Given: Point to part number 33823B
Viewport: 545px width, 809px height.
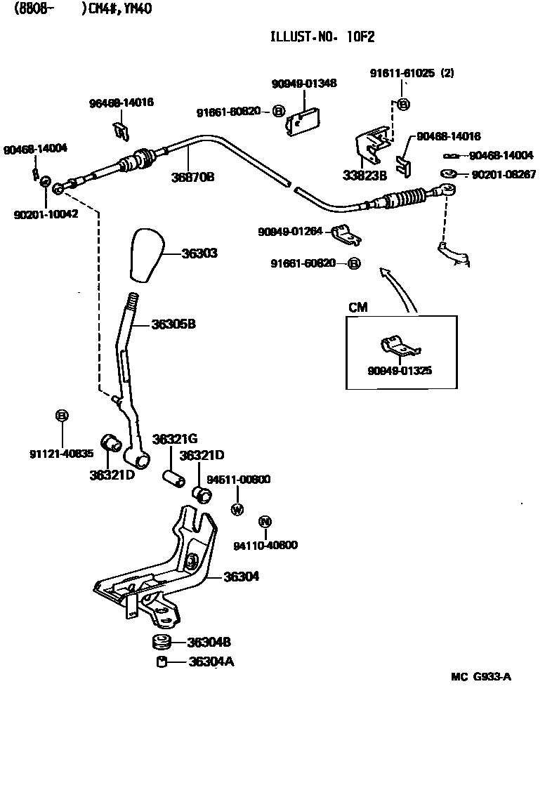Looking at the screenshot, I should [x=365, y=176].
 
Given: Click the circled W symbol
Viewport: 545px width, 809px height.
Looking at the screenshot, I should [x=237, y=509].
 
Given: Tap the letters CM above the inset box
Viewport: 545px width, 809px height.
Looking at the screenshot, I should [x=357, y=308].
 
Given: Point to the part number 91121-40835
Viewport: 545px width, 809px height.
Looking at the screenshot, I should [x=61, y=454].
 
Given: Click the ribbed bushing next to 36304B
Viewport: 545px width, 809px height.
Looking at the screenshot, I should [x=162, y=642].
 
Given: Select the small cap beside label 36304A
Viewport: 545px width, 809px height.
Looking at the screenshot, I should [x=162, y=662].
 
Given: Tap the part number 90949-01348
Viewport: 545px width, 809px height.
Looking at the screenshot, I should [x=303, y=83].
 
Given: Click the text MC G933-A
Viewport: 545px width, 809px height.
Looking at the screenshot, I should [x=480, y=677].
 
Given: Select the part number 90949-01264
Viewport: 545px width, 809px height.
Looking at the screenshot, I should [x=289, y=232].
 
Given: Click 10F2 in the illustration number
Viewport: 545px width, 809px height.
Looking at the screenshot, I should [x=365, y=37].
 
